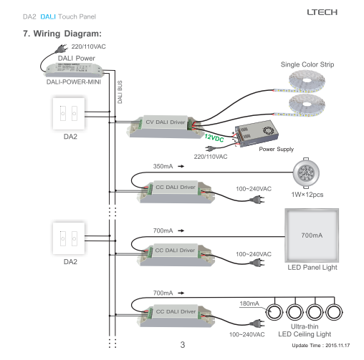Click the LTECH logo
tap(322, 12)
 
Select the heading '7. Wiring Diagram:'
tap(62, 34)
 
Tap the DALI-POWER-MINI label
tap(74, 82)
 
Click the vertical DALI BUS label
tap(120, 92)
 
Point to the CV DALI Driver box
tap(166, 127)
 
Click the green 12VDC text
tap(214, 138)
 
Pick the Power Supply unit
tap(256, 133)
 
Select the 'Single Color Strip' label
tap(307, 64)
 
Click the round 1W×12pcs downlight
tap(306, 172)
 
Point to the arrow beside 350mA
tap(181, 166)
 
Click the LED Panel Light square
tap(312, 235)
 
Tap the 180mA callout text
tap(249, 303)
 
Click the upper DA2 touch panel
tap(69, 114)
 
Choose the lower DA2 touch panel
tap(69, 238)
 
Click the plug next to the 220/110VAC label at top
tap(61, 49)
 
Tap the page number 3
tap(183, 345)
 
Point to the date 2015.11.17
tap(337, 346)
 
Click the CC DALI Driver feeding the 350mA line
tap(176, 192)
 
